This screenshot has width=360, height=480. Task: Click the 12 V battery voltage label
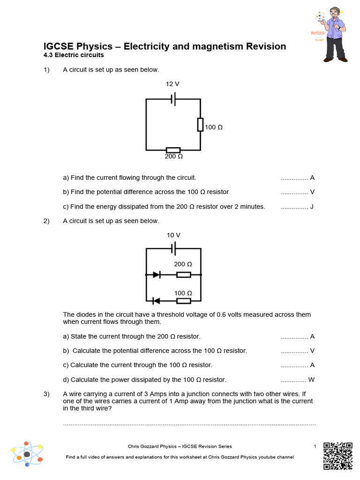click(172, 84)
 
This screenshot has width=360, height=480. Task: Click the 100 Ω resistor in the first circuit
click(200, 125)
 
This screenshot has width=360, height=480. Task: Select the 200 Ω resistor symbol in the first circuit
click(173, 150)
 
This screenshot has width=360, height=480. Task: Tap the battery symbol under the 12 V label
click(173, 99)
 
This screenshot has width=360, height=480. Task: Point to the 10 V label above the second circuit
click(173, 235)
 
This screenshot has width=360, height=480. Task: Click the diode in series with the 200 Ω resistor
click(157, 275)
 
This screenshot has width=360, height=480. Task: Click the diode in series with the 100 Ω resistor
click(157, 300)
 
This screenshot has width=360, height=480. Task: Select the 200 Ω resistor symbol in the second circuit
click(183, 275)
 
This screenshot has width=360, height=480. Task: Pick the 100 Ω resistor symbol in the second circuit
click(183, 300)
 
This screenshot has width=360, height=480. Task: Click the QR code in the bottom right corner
click(338, 455)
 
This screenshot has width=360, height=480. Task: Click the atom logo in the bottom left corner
click(27, 454)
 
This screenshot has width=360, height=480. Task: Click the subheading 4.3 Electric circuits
click(74, 55)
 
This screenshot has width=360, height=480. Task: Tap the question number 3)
click(46, 394)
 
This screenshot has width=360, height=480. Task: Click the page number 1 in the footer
click(315, 446)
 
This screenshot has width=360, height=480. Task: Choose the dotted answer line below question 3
click(189, 424)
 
